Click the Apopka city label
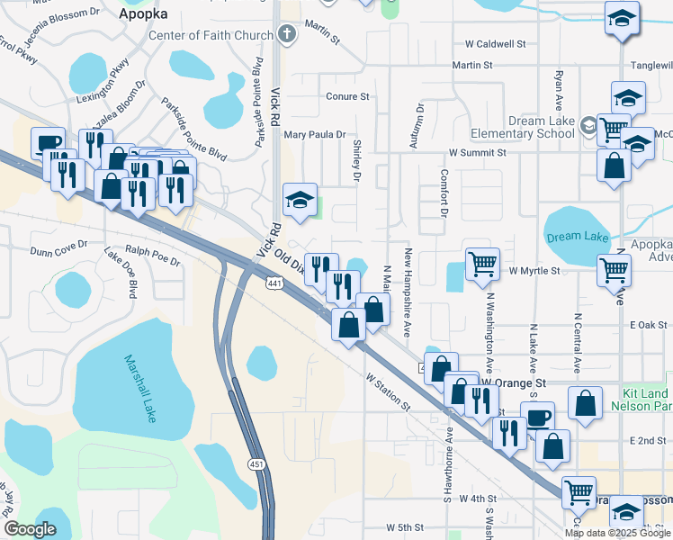(x=144, y=14)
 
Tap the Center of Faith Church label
(x=211, y=36)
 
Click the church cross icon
(x=287, y=36)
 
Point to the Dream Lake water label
(x=577, y=238)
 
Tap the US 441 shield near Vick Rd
(x=274, y=282)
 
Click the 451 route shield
(x=257, y=463)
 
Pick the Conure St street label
(x=347, y=96)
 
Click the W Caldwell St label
(x=495, y=43)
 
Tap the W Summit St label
(x=476, y=153)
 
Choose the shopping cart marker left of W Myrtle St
(x=482, y=264)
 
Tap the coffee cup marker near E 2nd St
(x=537, y=418)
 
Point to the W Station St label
(x=388, y=392)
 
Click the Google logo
(x=30, y=529)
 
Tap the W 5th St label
(x=405, y=526)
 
